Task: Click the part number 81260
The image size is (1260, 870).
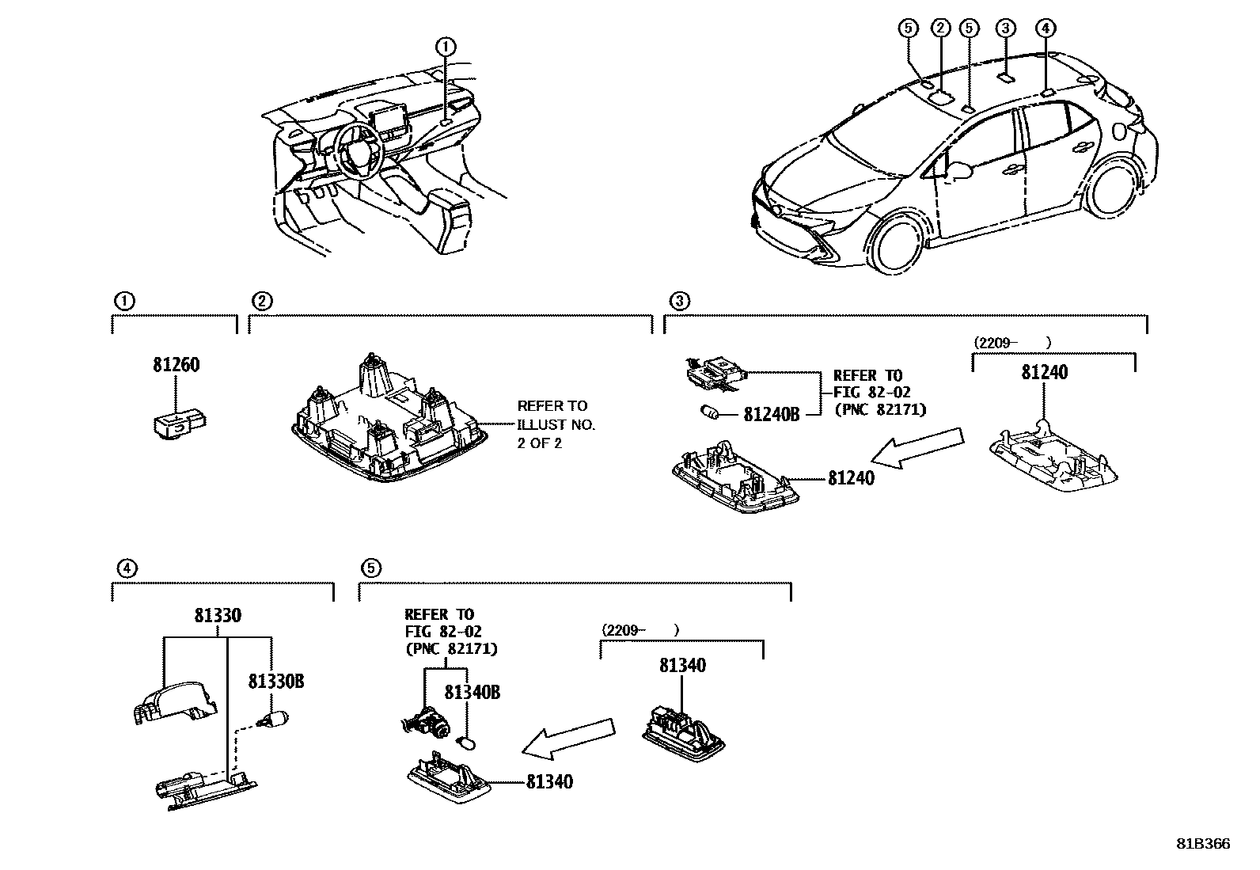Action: click(x=176, y=366)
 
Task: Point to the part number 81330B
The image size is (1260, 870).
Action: click(x=276, y=681)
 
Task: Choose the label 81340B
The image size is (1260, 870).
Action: click(x=472, y=692)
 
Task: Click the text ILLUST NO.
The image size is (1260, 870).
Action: click(x=556, y=424)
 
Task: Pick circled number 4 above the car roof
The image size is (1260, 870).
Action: click(x=1046, y=28)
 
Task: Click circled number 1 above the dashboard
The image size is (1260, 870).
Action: click(x=446, y=47)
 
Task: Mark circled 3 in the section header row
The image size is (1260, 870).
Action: click(x=679, y=301)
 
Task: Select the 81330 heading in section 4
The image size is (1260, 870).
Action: click(x=218, y=615)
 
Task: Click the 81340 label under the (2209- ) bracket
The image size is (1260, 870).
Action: click(x=682, y=666)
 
